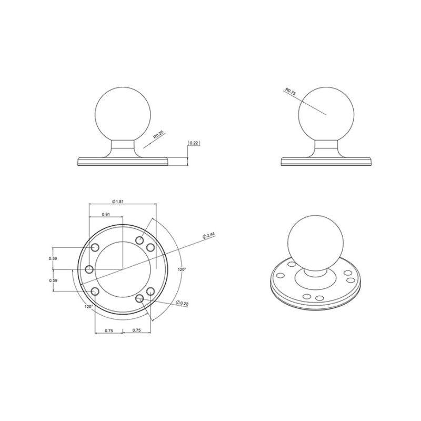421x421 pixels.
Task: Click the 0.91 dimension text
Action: (106, 214)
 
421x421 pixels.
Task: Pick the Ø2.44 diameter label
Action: (211, 236)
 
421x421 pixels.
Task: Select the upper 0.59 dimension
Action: (53, 258)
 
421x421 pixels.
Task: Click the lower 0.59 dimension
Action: (53, 280)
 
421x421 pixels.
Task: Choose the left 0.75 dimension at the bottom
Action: (108, 330)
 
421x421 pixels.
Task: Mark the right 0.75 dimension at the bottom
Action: (136, 330)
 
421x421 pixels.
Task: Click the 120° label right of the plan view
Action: (182, 269)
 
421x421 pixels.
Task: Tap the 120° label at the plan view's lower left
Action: (88, 306)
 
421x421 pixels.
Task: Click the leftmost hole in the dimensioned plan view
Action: (89, 270)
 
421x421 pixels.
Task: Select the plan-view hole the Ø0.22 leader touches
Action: (139, 298)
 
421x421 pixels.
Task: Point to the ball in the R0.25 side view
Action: (122, 113)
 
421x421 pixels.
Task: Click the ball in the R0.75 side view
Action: (325, 113)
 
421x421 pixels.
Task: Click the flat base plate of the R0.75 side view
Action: (325, 161)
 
